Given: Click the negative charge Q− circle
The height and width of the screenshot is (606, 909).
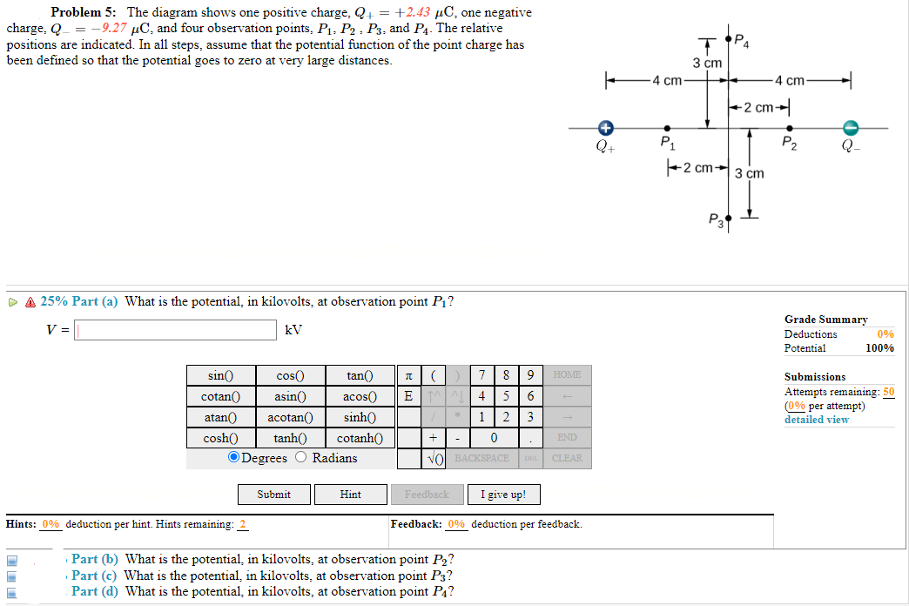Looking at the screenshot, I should [x=854, y=128].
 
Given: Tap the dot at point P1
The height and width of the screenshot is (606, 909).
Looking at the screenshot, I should [x=667, y=128].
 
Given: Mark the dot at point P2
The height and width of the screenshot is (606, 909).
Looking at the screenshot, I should [x=789, y=128].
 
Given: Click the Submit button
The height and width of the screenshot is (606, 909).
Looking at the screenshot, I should [x=274, y=495].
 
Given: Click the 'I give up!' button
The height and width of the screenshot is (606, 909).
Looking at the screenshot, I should [x=503, y=495].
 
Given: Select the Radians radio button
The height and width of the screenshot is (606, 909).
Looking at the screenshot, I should [x=301, y=458].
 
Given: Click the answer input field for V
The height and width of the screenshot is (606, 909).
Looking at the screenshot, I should [x=175, y=330].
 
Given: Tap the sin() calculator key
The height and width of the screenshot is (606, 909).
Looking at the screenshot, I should [x=221, y=375].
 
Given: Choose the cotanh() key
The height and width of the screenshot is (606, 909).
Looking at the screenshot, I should [x=360, y=438].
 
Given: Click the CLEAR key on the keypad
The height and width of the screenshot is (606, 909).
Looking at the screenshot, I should [x=567, y=458].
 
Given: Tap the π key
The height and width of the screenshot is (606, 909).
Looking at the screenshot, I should [x=408, y=375].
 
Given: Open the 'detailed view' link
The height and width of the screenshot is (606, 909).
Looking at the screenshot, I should [x=816, y=420].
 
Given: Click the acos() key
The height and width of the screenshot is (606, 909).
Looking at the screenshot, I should [x=360, y=396].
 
